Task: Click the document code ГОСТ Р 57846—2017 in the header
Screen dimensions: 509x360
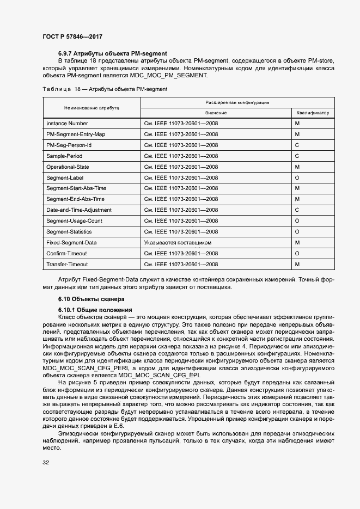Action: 72,36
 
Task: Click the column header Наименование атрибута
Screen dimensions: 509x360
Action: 91,108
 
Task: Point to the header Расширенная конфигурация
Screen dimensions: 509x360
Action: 237,102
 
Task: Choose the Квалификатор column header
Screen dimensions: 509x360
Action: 313,113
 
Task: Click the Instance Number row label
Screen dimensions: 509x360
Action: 67,124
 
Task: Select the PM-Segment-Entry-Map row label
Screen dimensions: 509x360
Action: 76,134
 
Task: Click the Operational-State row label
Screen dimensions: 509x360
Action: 68,167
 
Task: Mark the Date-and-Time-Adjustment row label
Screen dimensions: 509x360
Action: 79,210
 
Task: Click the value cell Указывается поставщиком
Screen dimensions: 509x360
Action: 178,242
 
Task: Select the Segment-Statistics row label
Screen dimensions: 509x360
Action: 69,231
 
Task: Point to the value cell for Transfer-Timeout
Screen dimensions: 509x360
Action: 181,264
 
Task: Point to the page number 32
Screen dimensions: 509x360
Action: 46,463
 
